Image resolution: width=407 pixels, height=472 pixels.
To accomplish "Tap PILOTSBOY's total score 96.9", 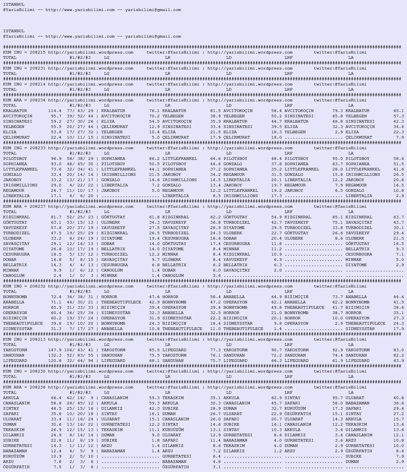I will pyautogui.click(x=56, y=159).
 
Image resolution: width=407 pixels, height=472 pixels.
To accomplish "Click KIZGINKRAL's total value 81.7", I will pyautogui.click(x=56, y=217).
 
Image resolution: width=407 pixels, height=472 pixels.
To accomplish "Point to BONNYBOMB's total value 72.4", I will pyautogui.click(x=56, y=297).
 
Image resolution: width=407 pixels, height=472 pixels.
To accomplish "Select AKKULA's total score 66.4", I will pyautogui.click(x=56, y=398).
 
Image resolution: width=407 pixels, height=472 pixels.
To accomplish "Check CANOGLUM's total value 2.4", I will pyautogui.click(x=57, y=276).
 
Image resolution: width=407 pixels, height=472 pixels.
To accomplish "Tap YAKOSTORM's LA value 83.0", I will pyautogui.click(x=398, y=350).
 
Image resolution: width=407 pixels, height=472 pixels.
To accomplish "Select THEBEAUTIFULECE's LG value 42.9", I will pyautogui.click(x=154, y=302).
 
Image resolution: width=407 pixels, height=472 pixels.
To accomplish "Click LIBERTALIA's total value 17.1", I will pyautogui.click(x=56, y=196).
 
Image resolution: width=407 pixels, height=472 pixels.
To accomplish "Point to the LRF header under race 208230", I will pyautogui.click(x=288, y=377).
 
